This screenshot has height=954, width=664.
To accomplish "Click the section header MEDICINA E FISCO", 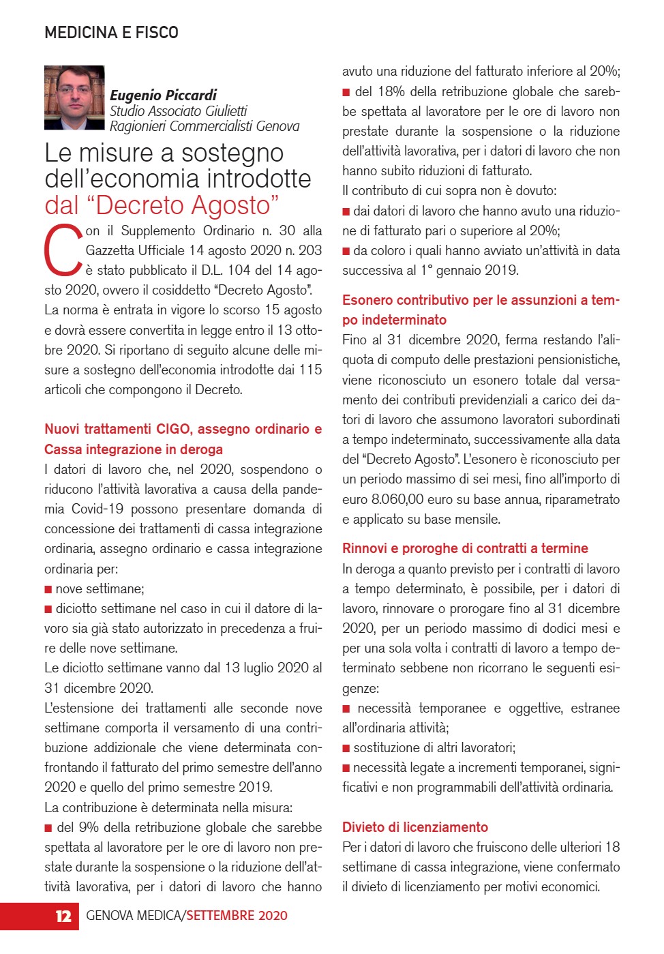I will coord(111,33).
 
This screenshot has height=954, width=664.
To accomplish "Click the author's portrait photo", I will coord(74,98).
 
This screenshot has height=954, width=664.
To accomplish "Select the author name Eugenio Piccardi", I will coord(163,95).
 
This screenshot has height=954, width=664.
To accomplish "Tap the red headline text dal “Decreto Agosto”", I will coord(162,205).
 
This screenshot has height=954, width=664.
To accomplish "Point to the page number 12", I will coord(63,916).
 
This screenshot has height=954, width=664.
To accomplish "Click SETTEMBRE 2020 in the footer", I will coord(237,916).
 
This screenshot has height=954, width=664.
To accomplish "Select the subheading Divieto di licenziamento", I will coord(414,827).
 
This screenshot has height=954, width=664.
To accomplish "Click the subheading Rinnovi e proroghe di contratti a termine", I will coord(464,548).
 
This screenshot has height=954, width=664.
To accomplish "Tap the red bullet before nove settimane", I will coord(48,589).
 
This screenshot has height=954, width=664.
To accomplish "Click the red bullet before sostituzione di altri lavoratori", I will coord(346,748).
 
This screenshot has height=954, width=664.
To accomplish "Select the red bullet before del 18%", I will coord(346,92).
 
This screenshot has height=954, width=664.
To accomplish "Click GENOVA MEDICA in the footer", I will coord(134,916).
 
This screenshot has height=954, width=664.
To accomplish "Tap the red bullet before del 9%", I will coord(48,828).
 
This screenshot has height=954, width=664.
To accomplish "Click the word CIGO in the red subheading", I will coord(174,429).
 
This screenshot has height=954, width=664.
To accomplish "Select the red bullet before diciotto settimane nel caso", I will coord(48,609).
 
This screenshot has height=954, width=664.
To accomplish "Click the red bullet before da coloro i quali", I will coord(346,251).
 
